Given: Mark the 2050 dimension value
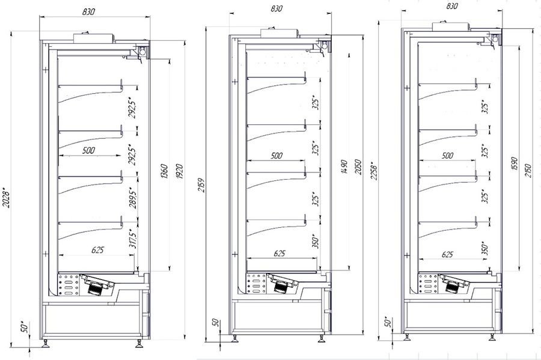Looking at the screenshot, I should (x=358, y=166).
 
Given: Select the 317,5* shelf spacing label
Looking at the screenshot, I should (x=132, y=243).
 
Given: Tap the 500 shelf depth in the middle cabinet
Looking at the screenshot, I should (x=276, y=156).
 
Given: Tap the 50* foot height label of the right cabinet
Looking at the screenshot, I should (x=388, y=323).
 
